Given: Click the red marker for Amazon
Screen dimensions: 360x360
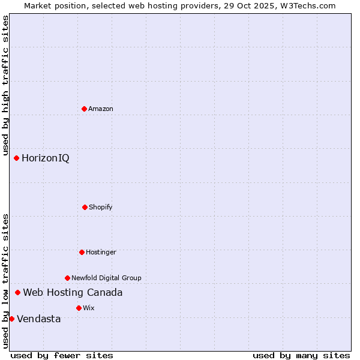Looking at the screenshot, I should click(x=84, y=109).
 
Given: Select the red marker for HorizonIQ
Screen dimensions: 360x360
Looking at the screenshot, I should click(x=16, y=158).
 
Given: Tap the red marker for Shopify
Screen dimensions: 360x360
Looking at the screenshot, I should click(x=85, y=207).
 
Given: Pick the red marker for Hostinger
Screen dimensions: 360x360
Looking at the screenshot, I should click(x=82, y=252).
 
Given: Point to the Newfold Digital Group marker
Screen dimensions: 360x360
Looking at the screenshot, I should click(x=67, y=278).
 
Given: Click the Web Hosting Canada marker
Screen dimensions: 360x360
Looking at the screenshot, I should click(x=17, y=293).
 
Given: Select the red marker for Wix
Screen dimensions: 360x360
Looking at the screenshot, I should click(x=79, y=308).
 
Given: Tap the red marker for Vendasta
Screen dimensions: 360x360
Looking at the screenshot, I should click(x=11, y=319).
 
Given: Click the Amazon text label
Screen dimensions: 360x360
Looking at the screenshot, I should click(x=101, y=109).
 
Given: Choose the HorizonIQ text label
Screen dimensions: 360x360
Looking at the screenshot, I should click(x=46, y=158).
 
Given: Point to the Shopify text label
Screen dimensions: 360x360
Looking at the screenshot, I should click(x=101, y=207).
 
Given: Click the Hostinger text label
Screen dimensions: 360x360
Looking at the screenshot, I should click(x=101, y=252).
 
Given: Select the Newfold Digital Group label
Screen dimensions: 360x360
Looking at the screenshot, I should click(x=106, y=278).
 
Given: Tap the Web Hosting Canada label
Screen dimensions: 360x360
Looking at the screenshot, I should click(x=73, y=293).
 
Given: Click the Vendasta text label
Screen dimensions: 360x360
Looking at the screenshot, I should click(x=39, y=319).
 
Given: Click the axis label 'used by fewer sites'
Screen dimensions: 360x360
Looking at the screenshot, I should click(x=62, y=355).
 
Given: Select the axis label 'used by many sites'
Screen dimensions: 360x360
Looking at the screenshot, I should click(x=301, y=355).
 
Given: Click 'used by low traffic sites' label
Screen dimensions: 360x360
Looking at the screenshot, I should click(x=5, y=281).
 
